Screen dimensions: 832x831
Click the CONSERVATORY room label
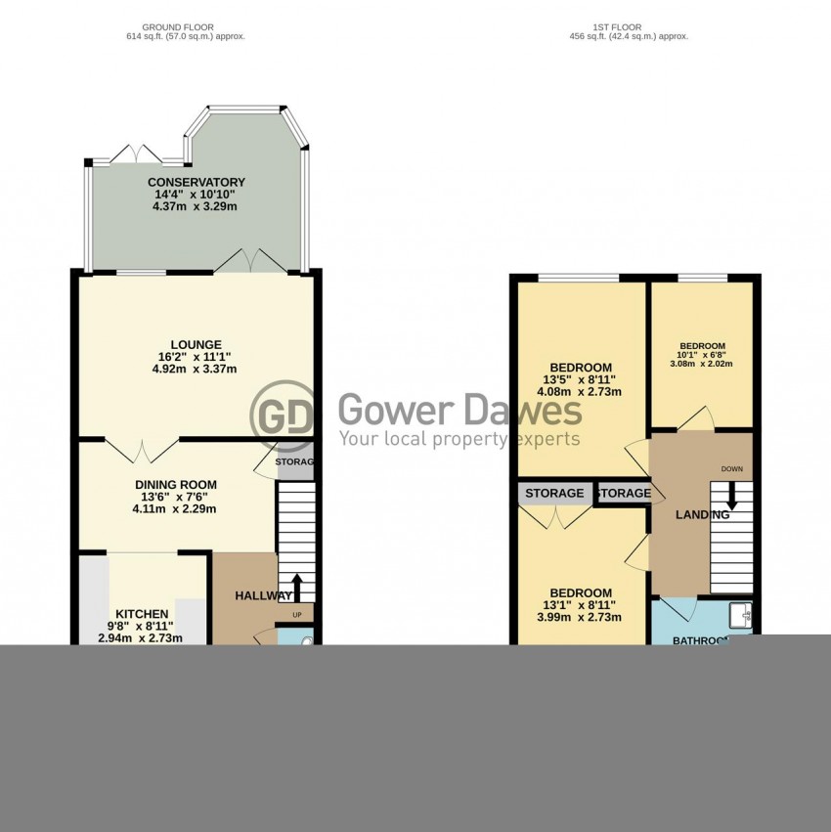tap(197, 182)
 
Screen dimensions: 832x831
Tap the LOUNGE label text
tap(196, 344)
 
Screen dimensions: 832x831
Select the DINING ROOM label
tap(176, 484)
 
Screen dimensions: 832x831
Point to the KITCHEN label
tap(142, 613)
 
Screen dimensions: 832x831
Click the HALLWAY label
tap(263, 595)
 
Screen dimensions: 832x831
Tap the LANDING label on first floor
tap(702, 515)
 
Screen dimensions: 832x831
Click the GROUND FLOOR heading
tap(178, 26)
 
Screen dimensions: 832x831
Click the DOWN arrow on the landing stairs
tap(731, 494)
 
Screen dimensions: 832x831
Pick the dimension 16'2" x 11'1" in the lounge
tap(196, 357)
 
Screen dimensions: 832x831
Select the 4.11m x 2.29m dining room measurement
tap(176, 508)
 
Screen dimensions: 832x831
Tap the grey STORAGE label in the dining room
tap(295, 462)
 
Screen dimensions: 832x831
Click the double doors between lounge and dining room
tap(143, 451)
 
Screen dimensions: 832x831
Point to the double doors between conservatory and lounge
tap(252, 260)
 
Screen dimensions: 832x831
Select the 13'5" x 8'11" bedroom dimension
tap(580, 379)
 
